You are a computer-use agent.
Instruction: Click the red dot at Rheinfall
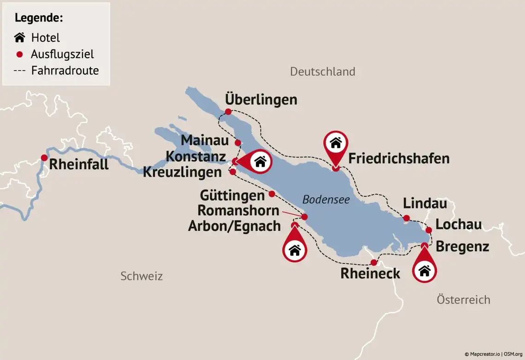(44, 158)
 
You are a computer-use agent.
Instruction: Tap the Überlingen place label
(261, 100)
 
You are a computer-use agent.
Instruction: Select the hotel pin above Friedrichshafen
(336, 144)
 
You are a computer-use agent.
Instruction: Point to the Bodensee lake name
(326, 200)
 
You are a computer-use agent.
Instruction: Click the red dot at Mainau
(238, 143)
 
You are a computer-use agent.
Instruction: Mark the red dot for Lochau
(428, 230)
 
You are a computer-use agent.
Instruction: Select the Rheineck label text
(370, 273)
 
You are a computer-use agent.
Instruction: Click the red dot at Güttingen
(272, 194)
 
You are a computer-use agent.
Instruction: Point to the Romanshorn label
(238, 211)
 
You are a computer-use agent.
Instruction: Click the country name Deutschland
(322, 71)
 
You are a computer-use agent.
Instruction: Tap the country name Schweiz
(141, 276)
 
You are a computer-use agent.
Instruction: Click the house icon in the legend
(19, 37)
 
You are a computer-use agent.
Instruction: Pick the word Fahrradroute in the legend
(65, 71)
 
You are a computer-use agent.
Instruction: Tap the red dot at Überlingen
(228, 112)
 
